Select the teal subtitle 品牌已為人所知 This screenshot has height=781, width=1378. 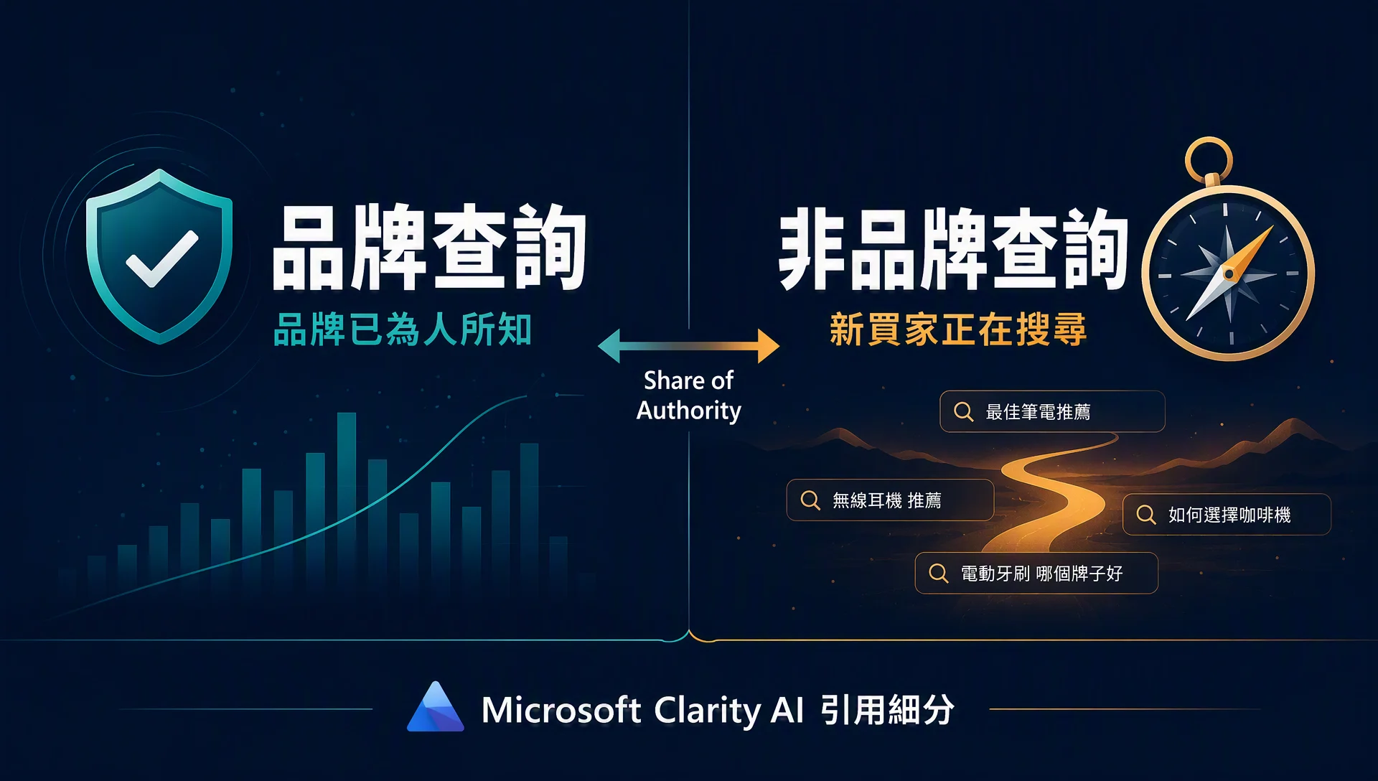[x=403, y=329]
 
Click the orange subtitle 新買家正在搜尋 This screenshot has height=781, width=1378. [x=958, y=329]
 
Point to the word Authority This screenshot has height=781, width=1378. [x=689, y=411]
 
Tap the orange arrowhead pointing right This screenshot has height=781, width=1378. [x=768, y=346]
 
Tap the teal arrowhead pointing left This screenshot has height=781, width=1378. [x=609, y=346]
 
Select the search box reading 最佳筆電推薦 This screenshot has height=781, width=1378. [x=1052, y=411]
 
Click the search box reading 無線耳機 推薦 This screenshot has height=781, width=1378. [x=890, y=500]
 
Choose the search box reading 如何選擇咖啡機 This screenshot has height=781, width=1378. [x=1227, y=514]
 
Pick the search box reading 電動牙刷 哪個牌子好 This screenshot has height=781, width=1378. [x=1036, y=573]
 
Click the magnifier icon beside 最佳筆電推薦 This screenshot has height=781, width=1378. [x=963, y=412]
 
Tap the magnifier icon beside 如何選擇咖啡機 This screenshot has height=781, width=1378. [x=1146, y=515]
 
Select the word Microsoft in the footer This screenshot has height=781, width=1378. [x=561, y=710]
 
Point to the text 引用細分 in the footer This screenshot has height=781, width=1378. [x=887, y=709]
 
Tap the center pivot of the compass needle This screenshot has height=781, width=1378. [x=1229, y=273]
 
